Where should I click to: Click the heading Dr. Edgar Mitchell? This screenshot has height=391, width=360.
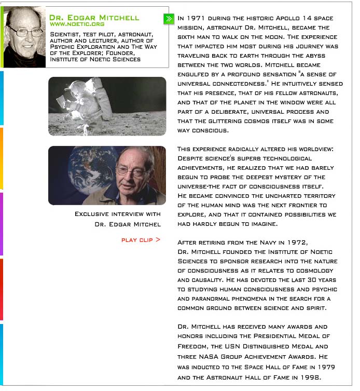point(94,17)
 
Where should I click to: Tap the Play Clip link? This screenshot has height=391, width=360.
point(141,240)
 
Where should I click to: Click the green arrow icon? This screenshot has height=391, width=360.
point(168,19)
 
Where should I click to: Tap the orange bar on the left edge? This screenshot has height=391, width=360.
point(2,158)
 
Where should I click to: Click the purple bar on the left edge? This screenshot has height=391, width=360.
point(2,223)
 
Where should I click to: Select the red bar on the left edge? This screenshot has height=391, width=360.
point(2,289)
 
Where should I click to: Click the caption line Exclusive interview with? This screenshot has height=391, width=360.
point(118,214)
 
